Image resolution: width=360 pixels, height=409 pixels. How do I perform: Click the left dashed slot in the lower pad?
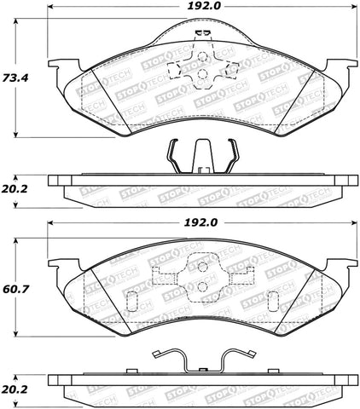(x=132, y=302)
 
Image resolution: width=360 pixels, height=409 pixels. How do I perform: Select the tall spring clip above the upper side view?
(x=200, y=156)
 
